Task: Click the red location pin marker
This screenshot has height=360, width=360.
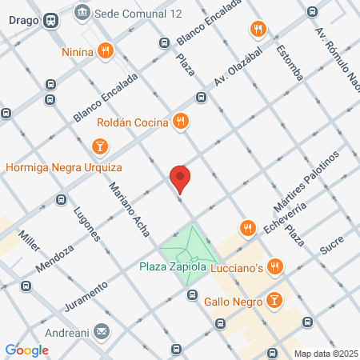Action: click(180, 178)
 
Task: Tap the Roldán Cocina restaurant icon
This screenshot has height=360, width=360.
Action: click(182, 122)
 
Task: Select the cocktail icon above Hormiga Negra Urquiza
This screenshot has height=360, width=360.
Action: click(99, 146)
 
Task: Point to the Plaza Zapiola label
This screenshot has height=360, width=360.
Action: click(174, 266)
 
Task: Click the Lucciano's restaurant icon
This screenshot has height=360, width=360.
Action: click(275, 266)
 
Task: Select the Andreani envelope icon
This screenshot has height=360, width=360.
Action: click(102, 330)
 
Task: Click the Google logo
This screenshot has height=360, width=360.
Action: click(27, 350)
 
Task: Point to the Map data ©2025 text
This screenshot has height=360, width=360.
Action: click(325, 354)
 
